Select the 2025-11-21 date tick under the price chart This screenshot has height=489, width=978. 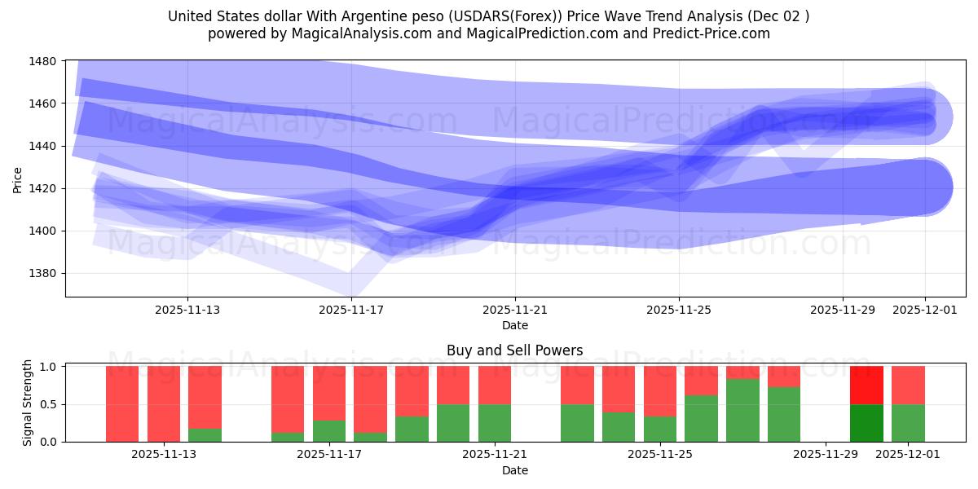pyautogui.click(x=514, y=310)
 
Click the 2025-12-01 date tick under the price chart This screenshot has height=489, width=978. pyautogui.click(x=924, y=310)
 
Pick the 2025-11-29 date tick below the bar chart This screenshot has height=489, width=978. pyautogui.click(x=826, y=454)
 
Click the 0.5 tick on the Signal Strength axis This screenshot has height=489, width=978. pyautogui.click(x=48, y=404)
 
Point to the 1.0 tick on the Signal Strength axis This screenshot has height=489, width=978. pyautogui.click(x=48, y=367)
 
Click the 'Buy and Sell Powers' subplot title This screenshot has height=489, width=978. pyautogui.click(x=514, y=351)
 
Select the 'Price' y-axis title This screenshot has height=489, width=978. pyautogui.click(x=19, y=178)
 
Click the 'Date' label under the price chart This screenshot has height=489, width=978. pyautogui.click(x=514, y=325)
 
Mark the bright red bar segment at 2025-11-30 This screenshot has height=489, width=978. pyautogui.click(x=866, y=385)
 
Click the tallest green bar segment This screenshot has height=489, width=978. pyautogui.click(x=742, y=410)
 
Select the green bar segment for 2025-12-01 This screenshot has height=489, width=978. pyautogui.click(x=908, y=423)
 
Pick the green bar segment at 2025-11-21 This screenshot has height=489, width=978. pyautogui.click(x=495, y=423)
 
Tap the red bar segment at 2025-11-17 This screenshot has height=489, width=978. pyautogui.click(x=329, y=393)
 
